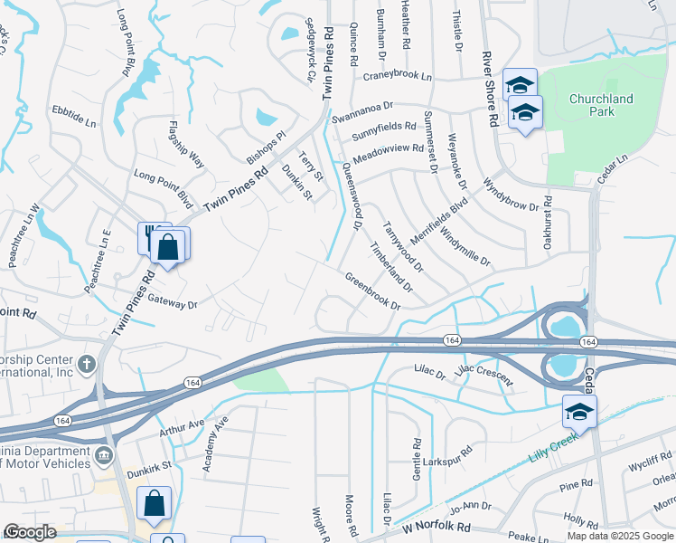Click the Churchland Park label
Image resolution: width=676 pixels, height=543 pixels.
(601, 105)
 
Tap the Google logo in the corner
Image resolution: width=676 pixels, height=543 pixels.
(30, 532)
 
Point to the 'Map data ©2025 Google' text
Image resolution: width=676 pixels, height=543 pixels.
(620, 536)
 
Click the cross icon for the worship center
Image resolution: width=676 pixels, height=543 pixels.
(87, 365)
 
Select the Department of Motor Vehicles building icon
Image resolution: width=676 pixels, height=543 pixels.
(105, 452)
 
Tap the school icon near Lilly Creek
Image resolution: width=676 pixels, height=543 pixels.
(578, 413)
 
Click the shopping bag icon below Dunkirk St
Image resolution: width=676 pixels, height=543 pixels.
(154, 503)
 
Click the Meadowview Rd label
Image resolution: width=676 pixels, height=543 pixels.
(388, 152)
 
